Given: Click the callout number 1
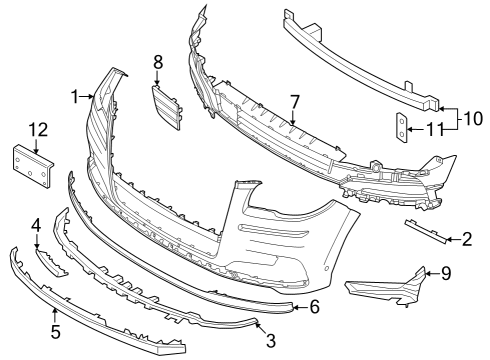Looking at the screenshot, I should (x=74, y=96).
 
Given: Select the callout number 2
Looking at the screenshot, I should (x=466, y=239).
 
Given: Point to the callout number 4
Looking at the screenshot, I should (x=35, y=225).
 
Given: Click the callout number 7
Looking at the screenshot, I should (x=294, y=101).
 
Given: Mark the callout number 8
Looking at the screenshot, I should (x=157, y=62).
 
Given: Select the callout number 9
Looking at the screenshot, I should (x=446, y=272).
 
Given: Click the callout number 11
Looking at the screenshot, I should (x=434, y=128).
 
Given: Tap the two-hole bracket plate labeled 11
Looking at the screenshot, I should (x=402, y=127).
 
